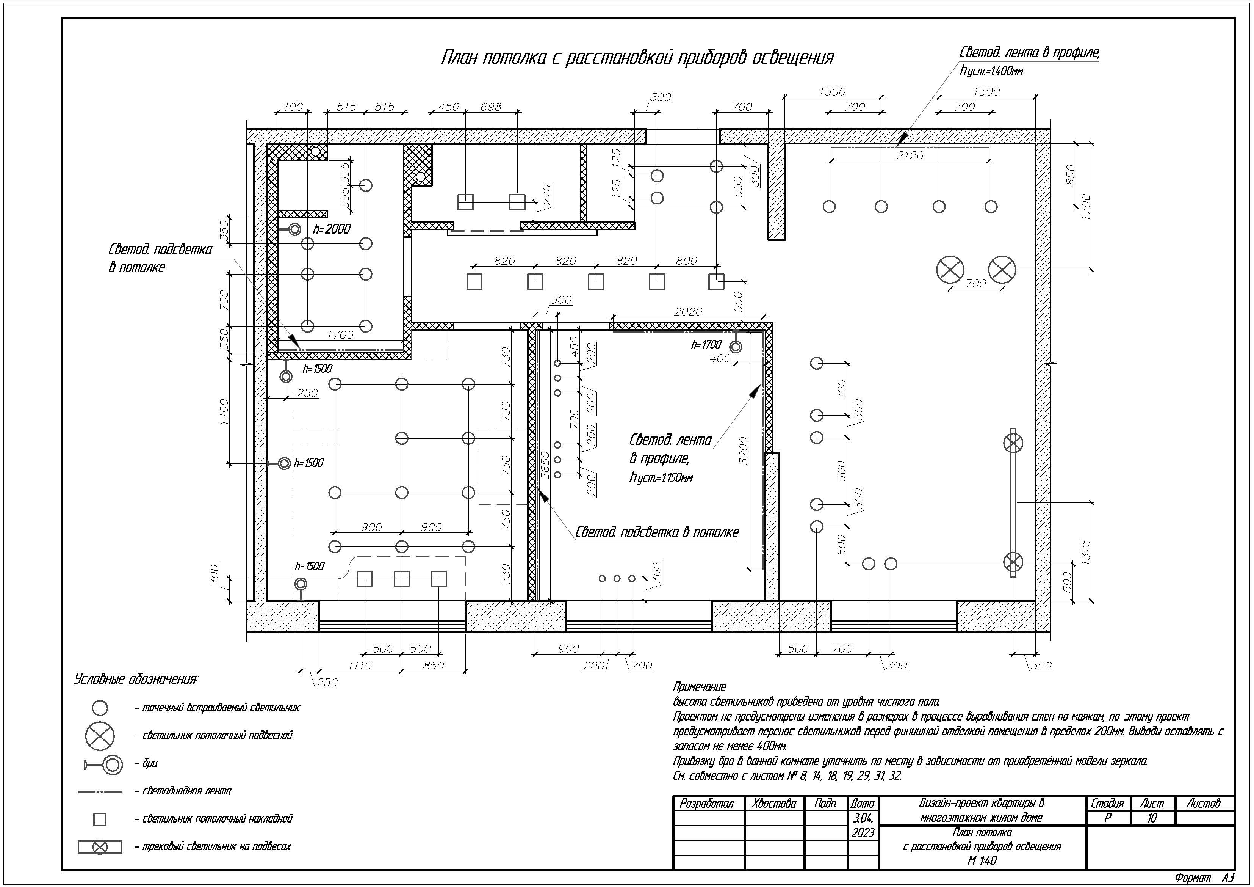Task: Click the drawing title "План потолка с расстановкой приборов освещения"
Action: (x=637, y=57)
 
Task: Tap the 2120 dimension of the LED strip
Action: (x=910, y=155)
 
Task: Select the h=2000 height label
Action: (x=332, y=229)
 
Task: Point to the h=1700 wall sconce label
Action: (x=706, y=344)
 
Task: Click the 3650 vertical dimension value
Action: (x=545, y=465)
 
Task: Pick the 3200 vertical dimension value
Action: (x=743, y=451)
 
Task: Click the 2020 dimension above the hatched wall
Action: (x=688, y=311)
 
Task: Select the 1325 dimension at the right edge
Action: (x=1086, y=553)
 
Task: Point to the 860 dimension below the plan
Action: (x=433, y=665)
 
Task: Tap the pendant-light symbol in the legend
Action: (x=100, y=736)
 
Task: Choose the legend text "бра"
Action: (x=150, y=763)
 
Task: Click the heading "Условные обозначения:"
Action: (x=136, y=679)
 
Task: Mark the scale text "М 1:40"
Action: (x=982, y=861)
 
